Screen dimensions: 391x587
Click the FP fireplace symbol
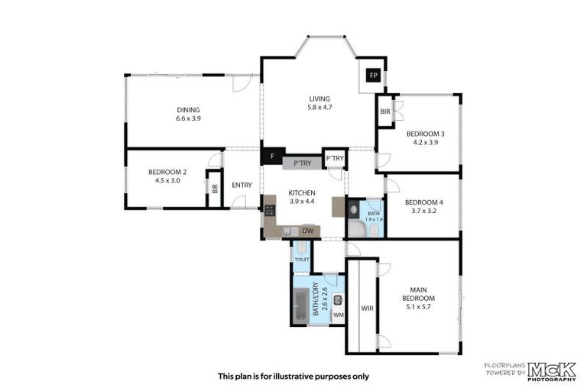point(373,75)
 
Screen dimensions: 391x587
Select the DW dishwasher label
point(308,231)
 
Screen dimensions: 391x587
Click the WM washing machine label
point(338,315)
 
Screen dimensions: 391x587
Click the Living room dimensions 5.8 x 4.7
point(319,108)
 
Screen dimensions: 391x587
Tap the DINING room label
point(188,109)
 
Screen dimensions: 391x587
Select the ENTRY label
point(242,185)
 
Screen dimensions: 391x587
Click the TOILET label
point(302,260)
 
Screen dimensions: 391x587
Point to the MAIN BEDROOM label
point(418,293)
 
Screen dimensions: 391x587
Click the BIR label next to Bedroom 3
point(384,111)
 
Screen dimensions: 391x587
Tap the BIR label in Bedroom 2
point(215,188)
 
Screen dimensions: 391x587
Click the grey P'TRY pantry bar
point(302,163)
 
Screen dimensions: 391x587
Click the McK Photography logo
point(552,370)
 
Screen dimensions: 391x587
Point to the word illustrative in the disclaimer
point(300,376)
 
